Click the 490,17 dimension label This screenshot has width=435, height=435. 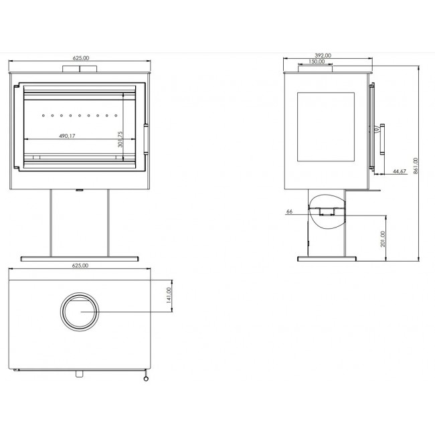(x=67, y=136)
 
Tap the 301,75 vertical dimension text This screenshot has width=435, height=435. (x=120, y=139)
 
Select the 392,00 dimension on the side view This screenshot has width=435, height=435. (x=323, y=56)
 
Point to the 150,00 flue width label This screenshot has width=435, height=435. (x=317, y=62)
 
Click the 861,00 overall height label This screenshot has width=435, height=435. (x=416, y=166)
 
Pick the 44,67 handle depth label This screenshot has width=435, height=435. (x=400, y=171)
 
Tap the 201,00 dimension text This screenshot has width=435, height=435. (x=383, y=239)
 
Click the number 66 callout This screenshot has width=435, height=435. (x=289, y=211)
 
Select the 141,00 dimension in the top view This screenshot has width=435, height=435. (x=169, y=295)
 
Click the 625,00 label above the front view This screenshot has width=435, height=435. (x=81, y=58)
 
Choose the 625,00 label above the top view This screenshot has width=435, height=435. (x=80, y=266)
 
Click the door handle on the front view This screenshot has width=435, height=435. (x=146, y=139)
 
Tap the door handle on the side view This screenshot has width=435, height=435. (x=381, y=139)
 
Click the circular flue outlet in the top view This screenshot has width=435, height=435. (x=80, y=294)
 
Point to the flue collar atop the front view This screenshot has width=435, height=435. (x=80, y=69)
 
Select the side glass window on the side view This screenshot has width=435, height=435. (x=326, y=126)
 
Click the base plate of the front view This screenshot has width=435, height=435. (x=80, y=259)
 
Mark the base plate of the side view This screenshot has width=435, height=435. (x=327, y=259)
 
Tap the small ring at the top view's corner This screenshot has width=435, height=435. (x=146, y=379)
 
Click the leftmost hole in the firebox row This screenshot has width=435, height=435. (x=43, y=115)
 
